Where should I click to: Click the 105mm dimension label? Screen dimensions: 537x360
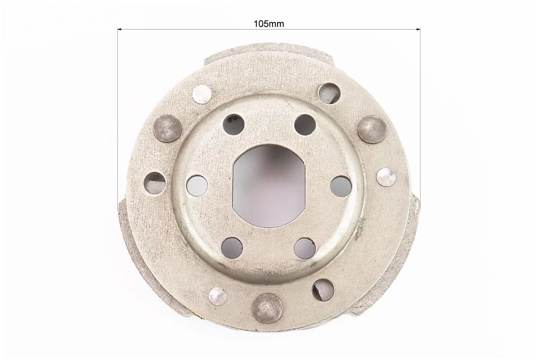coord(269,24)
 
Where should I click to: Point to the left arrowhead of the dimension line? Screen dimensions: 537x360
coord(120,30)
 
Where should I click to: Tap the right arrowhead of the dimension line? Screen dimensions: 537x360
coord(418,30)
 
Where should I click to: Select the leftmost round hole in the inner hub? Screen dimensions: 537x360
coord(197,185)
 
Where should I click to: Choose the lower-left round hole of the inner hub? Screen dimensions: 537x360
coord(232,247)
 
